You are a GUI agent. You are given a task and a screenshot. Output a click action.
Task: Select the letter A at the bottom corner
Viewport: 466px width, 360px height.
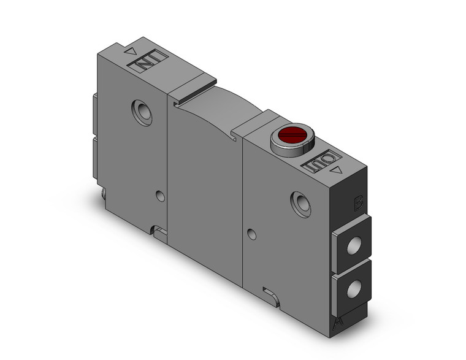[x=337, y=323]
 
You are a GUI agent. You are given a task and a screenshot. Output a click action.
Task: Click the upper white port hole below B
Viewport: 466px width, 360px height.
[x=352, y=245]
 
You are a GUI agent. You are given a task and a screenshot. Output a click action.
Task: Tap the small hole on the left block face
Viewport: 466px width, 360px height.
[x=160, y=196]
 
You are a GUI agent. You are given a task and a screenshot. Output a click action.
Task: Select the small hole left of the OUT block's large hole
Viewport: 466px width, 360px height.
[x=250, y=234]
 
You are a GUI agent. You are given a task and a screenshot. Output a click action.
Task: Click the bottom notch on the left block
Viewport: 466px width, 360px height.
[x=159, y=232]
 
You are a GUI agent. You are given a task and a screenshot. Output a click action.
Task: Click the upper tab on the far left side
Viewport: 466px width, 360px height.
[x=94, y=114]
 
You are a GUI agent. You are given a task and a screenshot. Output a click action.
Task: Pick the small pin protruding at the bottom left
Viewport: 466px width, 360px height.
[x=102, y=196]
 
